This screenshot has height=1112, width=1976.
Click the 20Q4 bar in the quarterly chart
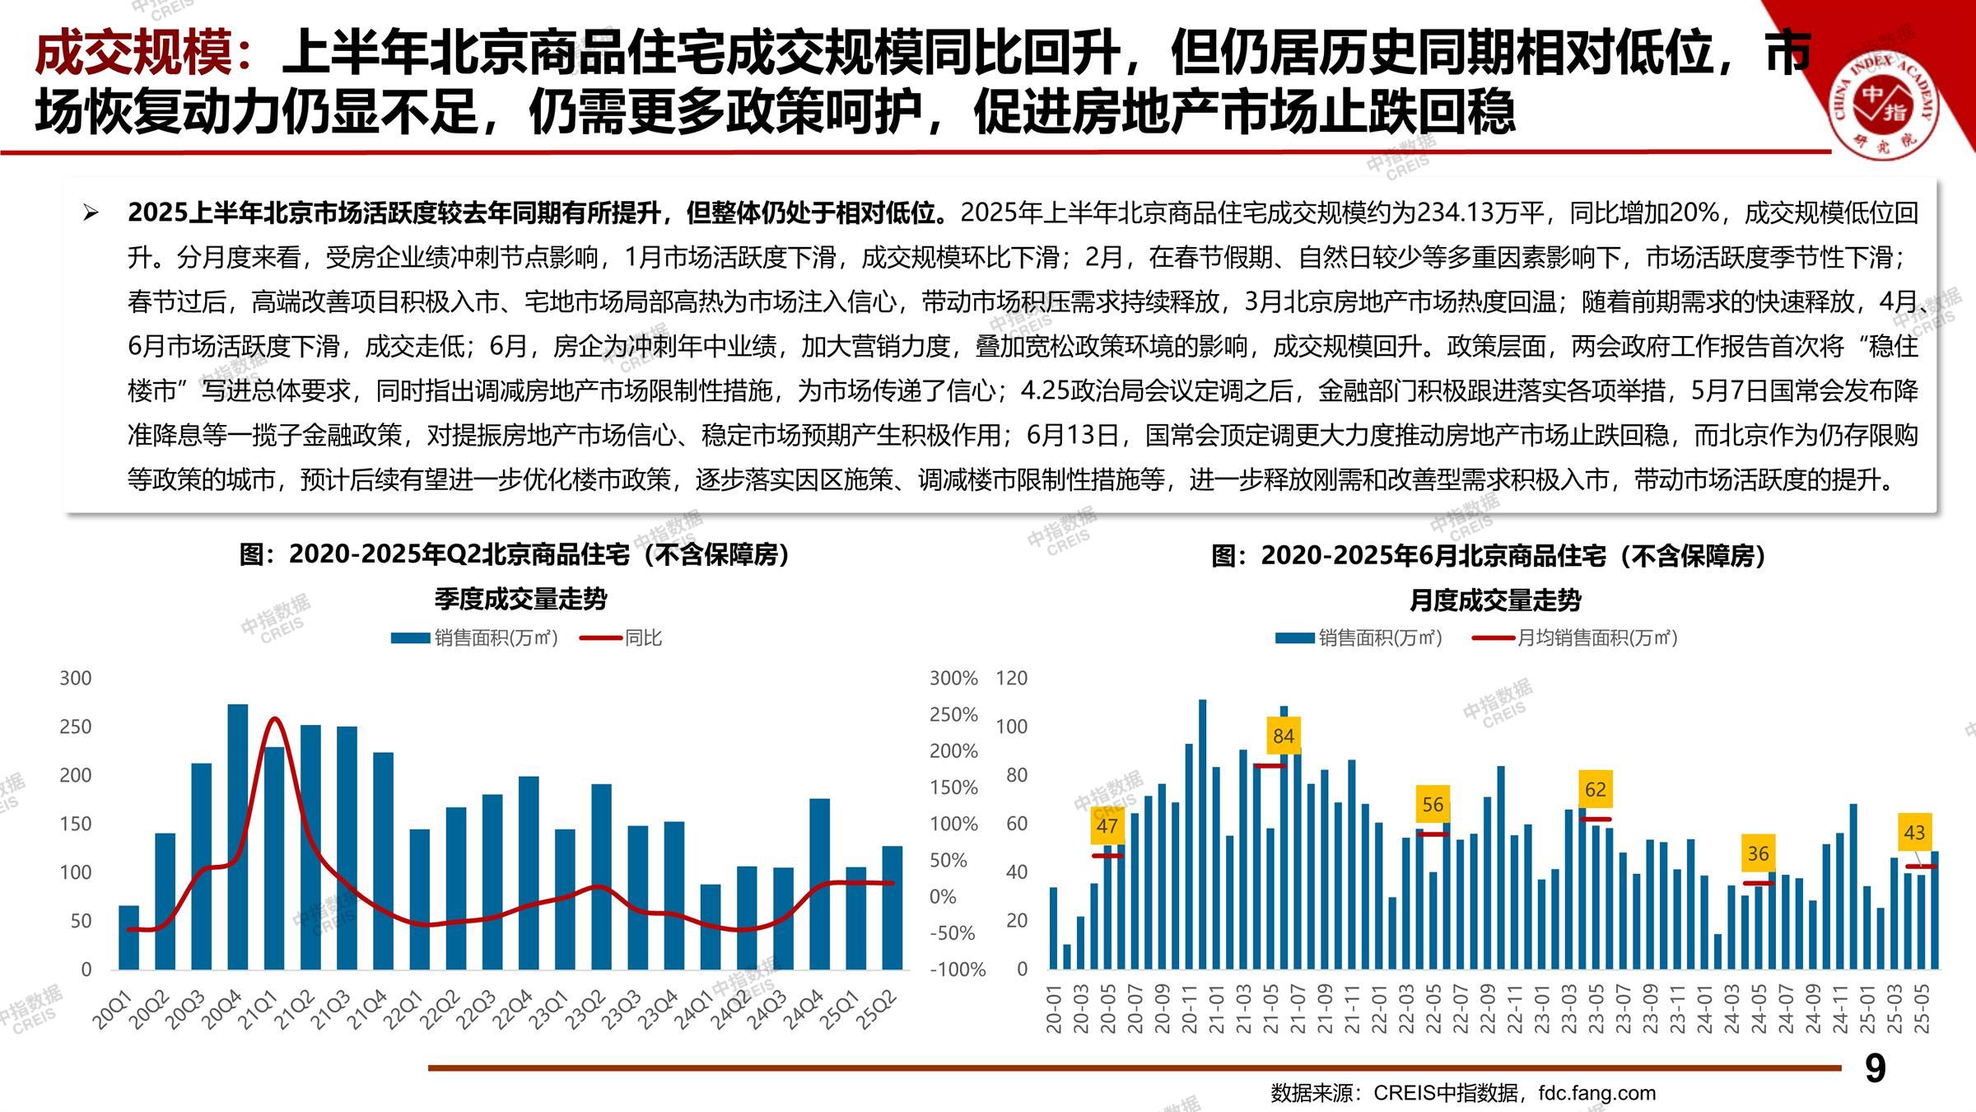[237, 836]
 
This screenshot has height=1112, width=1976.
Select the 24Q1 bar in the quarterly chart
[710, 927]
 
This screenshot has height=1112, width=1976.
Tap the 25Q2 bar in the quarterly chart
[892, 907]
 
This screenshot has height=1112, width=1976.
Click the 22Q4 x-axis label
[513, 1010]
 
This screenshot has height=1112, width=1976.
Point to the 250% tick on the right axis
[953, 715]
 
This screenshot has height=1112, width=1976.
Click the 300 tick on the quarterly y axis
[76, 678]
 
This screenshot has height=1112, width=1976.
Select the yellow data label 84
[1283, 736]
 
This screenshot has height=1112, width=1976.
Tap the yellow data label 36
[1758, 854]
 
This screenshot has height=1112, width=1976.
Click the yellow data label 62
[1595, 790]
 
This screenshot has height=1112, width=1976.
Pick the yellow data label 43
[1914, 833]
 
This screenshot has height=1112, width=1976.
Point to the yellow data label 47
[1107, 826]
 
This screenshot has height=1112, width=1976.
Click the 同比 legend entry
[642, 638]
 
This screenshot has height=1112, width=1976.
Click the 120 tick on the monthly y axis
[1012, 678]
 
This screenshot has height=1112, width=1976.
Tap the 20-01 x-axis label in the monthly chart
[1054, 1010]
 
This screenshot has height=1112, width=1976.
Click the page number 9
[1875, 1068]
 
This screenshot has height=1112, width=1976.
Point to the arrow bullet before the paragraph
[91, 214]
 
